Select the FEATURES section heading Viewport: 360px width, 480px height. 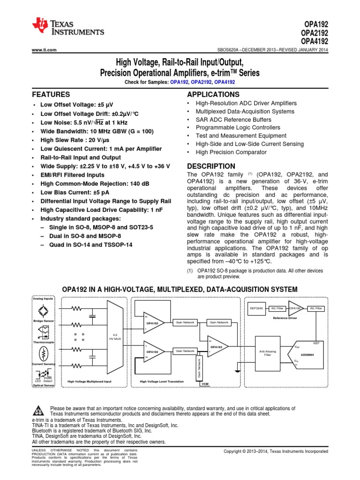coord(51,94)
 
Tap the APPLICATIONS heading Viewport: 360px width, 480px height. coord(213,94)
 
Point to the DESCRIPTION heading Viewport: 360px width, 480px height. coord(211,166)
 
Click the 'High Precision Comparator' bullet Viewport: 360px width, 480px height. coord(231,152)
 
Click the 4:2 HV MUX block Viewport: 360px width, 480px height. coord(115,336)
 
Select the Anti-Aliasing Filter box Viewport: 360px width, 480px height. coord(268,352)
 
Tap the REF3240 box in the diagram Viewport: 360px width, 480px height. coord(256,308)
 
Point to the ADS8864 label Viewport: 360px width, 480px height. coord(307,355)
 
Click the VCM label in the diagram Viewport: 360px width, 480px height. coord(205,383)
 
